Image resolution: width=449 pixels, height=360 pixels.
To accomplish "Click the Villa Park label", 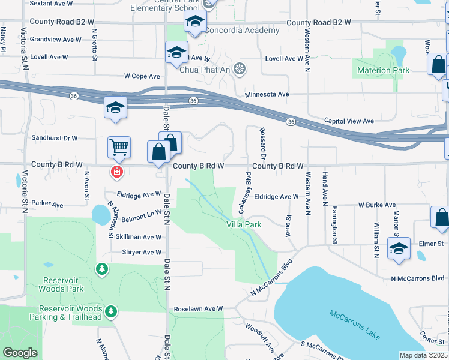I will pos(244,224).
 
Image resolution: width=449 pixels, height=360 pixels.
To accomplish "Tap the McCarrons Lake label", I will pos(354,324).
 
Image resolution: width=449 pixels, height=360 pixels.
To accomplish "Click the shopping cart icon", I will pos(119,146).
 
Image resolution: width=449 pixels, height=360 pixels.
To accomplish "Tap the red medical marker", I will pos(116,172).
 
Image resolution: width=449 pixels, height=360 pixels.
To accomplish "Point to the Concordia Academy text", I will pos(242,31).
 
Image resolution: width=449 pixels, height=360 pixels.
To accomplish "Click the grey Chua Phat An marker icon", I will pos(240,70).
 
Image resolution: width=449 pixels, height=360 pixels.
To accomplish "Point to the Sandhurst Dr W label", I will pos(55,138).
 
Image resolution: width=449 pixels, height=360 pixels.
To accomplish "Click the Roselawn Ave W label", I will pos(198,309).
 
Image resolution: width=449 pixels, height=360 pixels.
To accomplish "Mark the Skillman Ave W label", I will pos(138,237).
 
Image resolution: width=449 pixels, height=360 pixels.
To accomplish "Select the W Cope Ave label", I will pos(142,76).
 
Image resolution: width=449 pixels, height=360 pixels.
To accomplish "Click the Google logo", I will pos(20,353).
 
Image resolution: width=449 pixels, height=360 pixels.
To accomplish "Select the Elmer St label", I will pos(431,244).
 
